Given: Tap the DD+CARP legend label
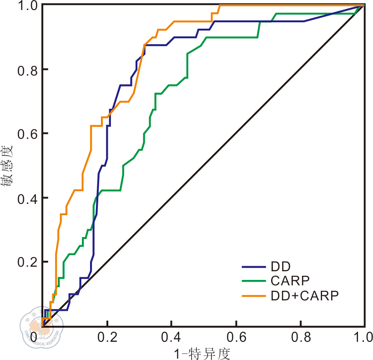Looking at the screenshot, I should click(305, 295).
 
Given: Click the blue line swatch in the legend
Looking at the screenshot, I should click(253, 266).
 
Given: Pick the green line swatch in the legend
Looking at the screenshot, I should click(253, 281).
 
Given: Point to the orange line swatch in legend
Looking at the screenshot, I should click(253, 295).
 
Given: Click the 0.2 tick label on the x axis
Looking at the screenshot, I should click(107, 337).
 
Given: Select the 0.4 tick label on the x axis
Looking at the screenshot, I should click(171, 337).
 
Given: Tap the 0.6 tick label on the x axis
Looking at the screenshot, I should click(236, 337).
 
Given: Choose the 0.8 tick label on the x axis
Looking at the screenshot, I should click(300, 337).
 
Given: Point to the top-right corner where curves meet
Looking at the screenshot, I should click(364, 5).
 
